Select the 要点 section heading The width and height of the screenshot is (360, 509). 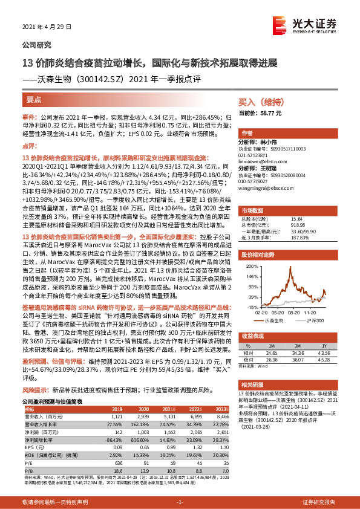34,100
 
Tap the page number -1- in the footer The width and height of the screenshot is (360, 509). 179,502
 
